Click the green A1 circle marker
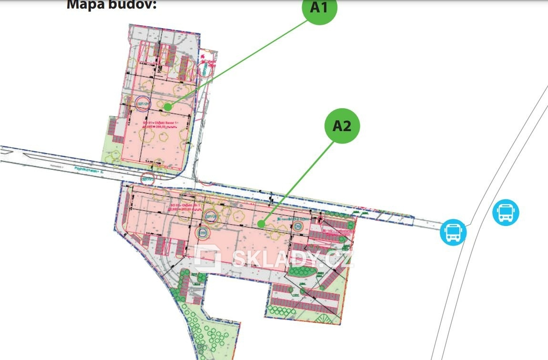point(320,8)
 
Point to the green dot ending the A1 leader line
point(168,108)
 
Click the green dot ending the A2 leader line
point(260,223)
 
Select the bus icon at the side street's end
point(453,232)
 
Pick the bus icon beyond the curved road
point(505,212)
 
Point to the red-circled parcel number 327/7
point(148,180)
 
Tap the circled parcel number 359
point(202,233)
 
